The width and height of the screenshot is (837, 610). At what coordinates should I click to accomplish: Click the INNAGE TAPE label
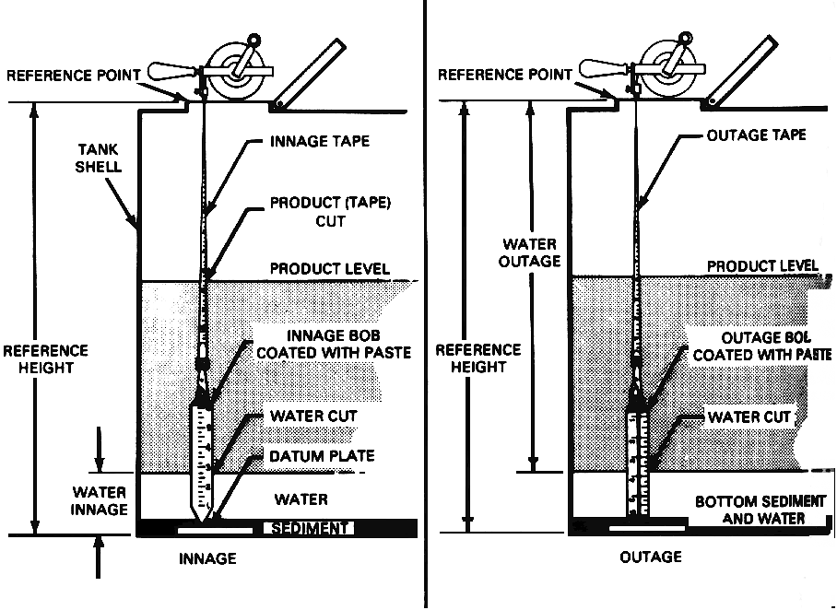pos(320,142)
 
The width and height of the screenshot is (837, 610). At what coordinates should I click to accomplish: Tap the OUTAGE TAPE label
pos(756,135)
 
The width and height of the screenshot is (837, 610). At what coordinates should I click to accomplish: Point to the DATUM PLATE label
pos(322,455)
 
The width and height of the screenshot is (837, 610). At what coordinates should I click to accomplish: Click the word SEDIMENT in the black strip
pos(307,528)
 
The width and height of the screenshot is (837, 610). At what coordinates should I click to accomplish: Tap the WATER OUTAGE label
pos(530,252)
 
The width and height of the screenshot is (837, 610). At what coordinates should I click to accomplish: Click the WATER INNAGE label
pos(100,498)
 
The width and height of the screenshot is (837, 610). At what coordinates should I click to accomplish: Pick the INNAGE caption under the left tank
pos(207,558)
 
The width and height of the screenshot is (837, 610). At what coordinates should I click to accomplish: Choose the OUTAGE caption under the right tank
pos(651,557)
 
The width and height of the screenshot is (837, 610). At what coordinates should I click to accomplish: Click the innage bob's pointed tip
pos(204,518)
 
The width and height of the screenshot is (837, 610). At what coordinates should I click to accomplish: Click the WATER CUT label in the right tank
pos(749,416)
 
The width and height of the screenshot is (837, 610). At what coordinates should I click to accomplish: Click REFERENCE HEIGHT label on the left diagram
pos(46,358)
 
